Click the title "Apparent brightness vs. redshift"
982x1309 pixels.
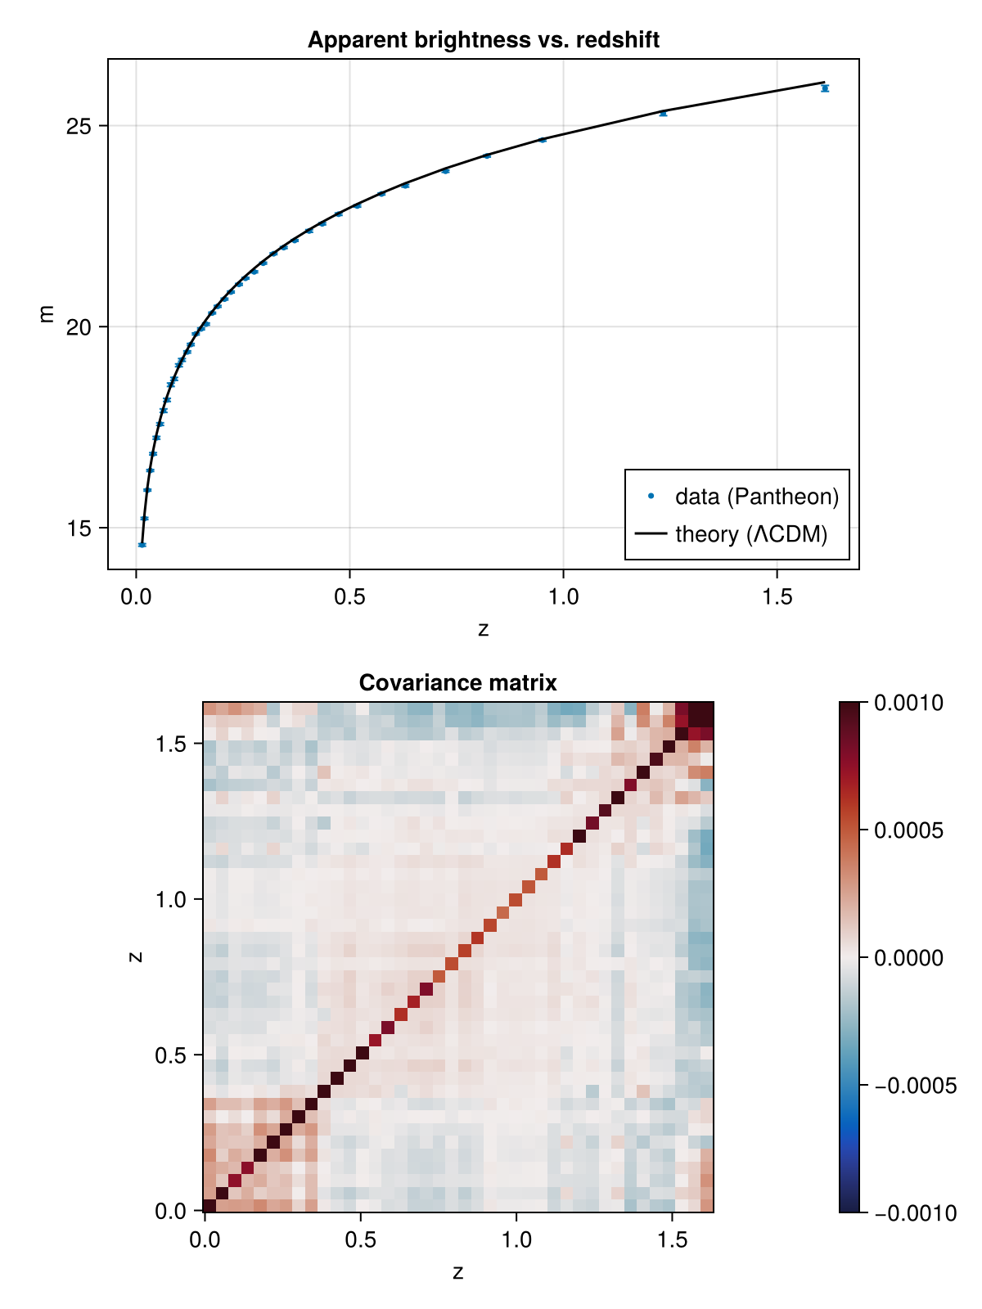[x=483, y=40]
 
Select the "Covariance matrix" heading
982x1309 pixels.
[x=457, y=683]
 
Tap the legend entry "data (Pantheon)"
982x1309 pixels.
[x=743, y=496]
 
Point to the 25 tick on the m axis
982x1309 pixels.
[x=78, y=127]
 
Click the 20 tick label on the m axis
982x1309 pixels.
[x=78, y=327]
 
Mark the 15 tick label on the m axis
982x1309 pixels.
[x=78, y=529]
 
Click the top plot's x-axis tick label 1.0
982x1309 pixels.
[x=564, y=596]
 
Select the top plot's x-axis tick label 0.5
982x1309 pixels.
[x=350, y=596]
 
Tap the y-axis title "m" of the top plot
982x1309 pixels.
[x=45, y=313]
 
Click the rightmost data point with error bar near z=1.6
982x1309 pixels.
[x=825, y=88]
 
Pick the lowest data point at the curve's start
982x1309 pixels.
[x=142, y=545]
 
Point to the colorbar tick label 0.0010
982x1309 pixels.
[x=908, y=703]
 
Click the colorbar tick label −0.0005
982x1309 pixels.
[x=916, y=1086]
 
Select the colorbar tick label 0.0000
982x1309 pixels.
[x=908, y=958]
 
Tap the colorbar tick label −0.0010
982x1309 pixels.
[x=916, y=1213]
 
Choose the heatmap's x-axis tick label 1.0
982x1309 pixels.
[x=516, y=1240]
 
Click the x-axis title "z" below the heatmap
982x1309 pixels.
[x=457, y=1272]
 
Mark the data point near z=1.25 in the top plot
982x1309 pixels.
[x=663, y=113]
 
